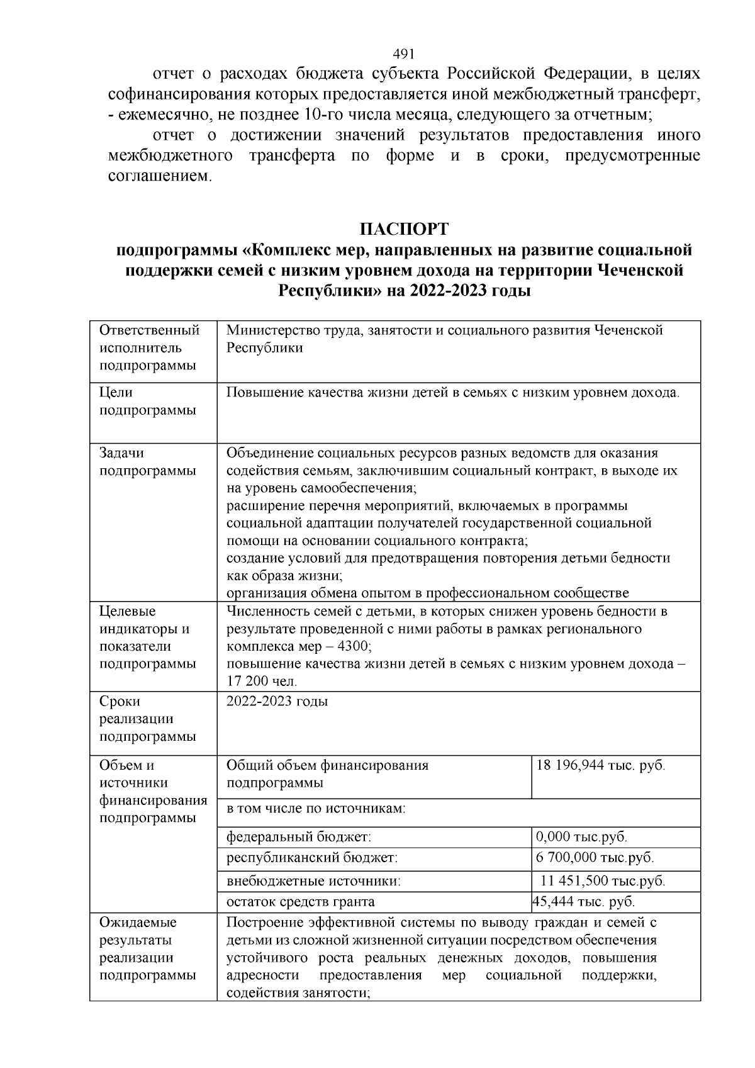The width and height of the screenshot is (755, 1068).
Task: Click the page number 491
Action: tap(403, 54)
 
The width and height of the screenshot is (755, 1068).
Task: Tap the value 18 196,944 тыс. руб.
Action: tap(600, 765)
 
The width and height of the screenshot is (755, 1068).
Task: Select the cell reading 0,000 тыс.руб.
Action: tap(582, 837)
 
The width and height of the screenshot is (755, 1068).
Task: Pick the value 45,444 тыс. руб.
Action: tap(584, 901)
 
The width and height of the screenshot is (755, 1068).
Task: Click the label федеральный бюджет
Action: tap(299, 837)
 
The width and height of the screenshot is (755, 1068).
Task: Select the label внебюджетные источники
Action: tap(313, 881)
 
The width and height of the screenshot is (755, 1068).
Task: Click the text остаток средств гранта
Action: tap(301, 901)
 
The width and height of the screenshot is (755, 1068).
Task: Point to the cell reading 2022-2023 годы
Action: tap(277, 701)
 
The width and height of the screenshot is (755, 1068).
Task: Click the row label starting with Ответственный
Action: tap(150, 347)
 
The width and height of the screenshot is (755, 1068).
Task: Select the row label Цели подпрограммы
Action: tap(147, 401)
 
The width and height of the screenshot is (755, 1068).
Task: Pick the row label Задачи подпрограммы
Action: tap(147, 462)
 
